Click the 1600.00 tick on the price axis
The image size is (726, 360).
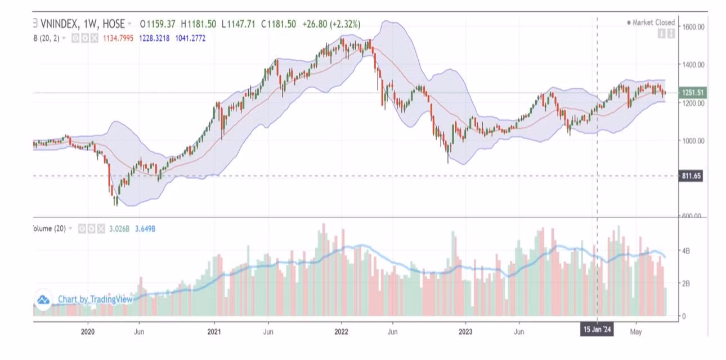tap(693, 26)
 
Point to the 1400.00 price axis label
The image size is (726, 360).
tap(693, 65)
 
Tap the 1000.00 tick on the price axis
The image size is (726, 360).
tap(693, 141)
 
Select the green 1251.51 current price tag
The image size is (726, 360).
tap(693, 93)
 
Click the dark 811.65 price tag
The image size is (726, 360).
tap(692, 176)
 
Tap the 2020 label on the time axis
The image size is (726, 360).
tap(88, 332)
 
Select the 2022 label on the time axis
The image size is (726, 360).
tap(341, 332)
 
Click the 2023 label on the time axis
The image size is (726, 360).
tap(465, 332)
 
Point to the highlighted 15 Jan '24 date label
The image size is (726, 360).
tap(597, 330)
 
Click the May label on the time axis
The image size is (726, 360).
tap(636, 332)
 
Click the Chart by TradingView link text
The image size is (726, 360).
tap(95, 299)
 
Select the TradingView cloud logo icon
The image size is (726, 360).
tap(43, 300)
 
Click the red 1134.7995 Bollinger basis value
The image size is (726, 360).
tap(118, 38)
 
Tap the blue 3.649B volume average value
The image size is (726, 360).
tap(145, 228)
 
